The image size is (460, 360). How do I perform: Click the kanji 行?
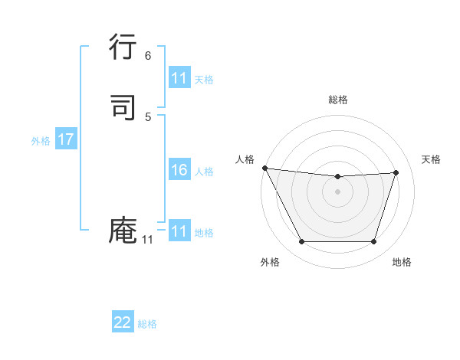coord(123,49)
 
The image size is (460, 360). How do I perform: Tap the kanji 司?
coord(123,108)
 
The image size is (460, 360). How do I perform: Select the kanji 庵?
coord(123,231)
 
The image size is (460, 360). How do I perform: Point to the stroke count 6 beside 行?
coord(148,56)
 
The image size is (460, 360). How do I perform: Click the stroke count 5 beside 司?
coord(148,116)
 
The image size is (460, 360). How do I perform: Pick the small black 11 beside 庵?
coord(148,240)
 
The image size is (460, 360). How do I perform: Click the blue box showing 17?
coord(65,140)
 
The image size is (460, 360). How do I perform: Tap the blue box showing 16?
coord(179,170)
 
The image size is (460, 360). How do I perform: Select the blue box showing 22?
coord(123,322)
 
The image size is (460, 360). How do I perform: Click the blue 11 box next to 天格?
coord(179,78)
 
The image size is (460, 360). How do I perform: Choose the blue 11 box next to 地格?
coord(179,231)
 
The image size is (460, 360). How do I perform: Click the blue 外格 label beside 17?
coord(41,141)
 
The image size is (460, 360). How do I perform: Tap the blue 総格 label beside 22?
coord(147,324)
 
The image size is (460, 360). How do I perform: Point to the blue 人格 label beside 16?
coord(204,172)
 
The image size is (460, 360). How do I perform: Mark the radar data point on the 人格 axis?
coord(264,168)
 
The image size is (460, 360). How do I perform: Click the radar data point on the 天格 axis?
coord(396,172)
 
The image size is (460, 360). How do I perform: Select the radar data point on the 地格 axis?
coord(373,242)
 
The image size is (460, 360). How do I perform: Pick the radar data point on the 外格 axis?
coord(301,242)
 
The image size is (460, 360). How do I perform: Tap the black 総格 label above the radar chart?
coord(337,100)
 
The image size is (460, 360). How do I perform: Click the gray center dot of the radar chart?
coord(337,191)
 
